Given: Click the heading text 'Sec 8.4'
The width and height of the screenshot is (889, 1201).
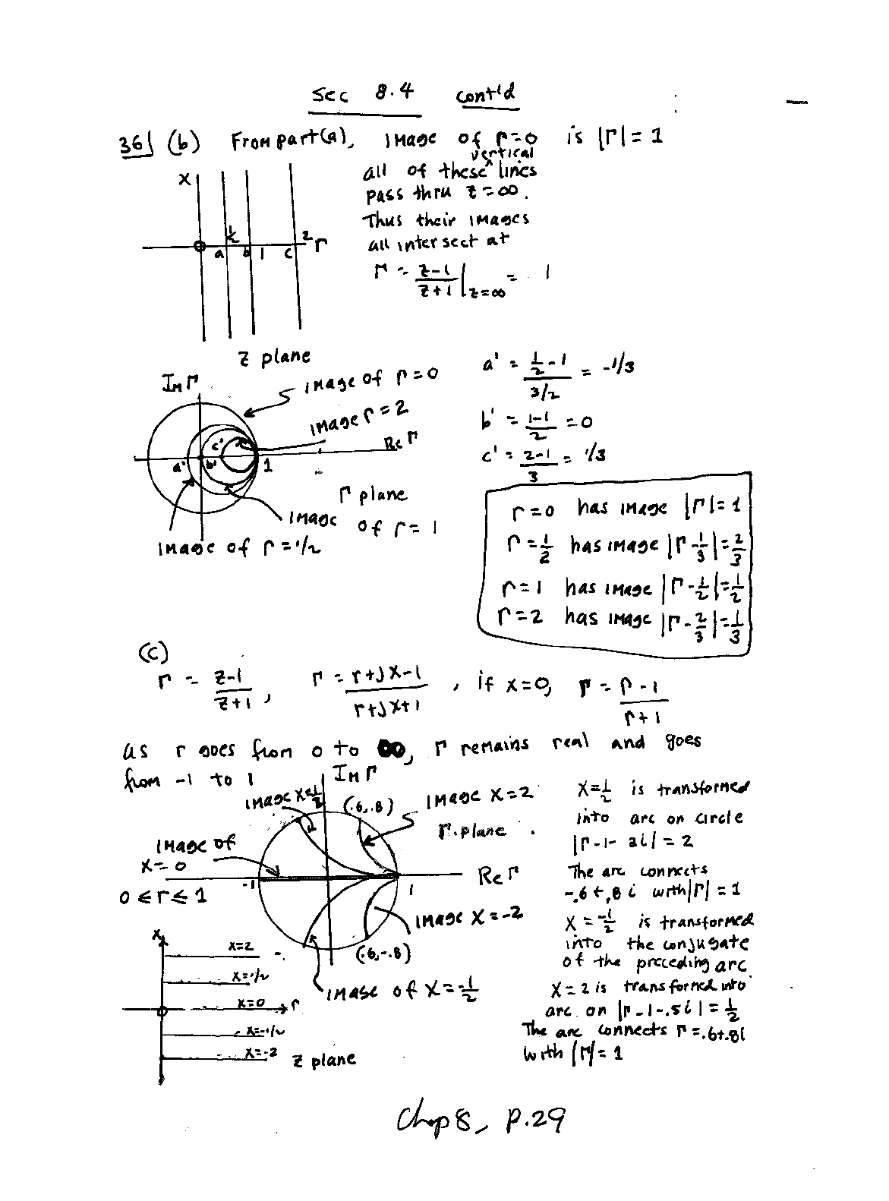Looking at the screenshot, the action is click(364, 94).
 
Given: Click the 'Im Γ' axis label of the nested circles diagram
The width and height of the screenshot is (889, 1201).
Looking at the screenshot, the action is click(180, 385).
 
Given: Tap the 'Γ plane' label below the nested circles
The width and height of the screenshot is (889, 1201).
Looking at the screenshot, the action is click(372, 495).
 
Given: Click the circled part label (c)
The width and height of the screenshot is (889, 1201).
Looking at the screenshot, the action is click(153, 652).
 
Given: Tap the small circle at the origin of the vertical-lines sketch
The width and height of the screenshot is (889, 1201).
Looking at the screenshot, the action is click(199, 247).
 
